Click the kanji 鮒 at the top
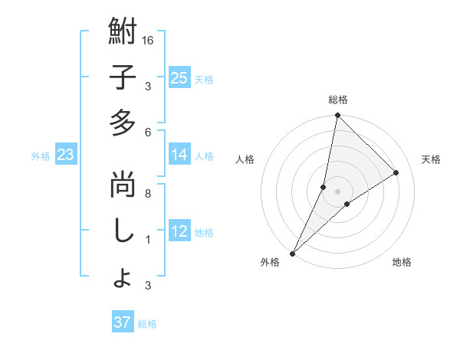[x=123, y=34]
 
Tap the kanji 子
[x=123, y=79]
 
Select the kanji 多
[x=123, y=123]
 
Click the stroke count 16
[x=149, y=40]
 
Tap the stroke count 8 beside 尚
[x=148, y=193]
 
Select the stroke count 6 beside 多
[x=148, y=132]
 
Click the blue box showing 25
[x=179, y=77]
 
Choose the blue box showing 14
[x=179, y=155]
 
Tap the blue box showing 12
[x=179, y=231]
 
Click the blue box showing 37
[x=122, y=322]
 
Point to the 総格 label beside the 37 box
[x=147, y=324]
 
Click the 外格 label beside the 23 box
[x=41, y=156]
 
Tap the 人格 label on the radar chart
[x=245, y=159]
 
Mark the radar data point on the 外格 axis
[x=292, y=253]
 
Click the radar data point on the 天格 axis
[x=396, y=173]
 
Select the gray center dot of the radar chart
[x=337, y=191]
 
